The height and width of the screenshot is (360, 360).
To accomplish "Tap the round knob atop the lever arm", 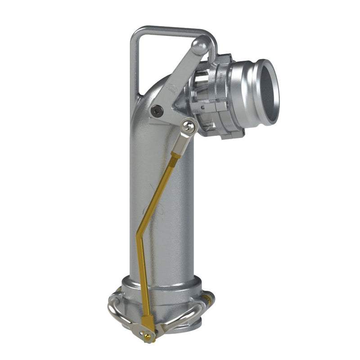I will (200, 45).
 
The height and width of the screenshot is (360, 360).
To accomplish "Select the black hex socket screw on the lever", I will (156, 109).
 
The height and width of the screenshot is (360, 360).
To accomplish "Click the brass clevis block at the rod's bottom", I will (147, 322).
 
